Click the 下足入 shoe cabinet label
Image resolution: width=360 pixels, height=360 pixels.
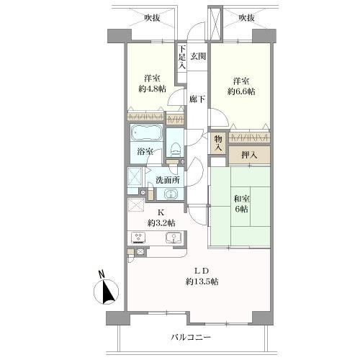point(183,58)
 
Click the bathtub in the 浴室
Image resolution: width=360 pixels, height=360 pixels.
point(145,135)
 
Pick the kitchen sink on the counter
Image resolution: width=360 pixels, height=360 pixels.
point(172,239)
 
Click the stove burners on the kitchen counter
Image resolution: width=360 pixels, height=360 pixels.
point(138,239)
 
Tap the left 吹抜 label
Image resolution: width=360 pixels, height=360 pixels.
point(150,17)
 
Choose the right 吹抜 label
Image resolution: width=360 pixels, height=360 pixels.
point(247,17)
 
